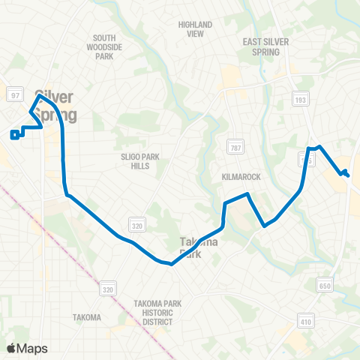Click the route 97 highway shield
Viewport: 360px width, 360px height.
pos(14,95)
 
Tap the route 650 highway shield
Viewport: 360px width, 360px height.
pos(324,286)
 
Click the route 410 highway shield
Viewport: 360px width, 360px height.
pos(304,321)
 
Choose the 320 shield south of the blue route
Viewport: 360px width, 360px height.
pos(108,288)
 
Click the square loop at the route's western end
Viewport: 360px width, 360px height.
pos(14,135)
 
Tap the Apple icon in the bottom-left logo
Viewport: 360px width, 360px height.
pos(12,348)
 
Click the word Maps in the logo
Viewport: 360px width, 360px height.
pos(33,348)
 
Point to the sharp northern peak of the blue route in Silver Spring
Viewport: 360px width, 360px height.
pos(40,96)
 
